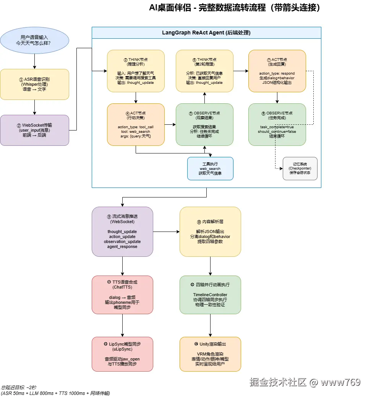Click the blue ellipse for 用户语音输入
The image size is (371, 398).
click(34, 40)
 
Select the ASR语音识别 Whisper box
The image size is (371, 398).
click(34, 84)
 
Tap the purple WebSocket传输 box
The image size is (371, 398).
click(34, 130)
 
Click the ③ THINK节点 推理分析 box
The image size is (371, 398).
click(136, 71)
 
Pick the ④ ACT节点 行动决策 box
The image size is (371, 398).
click(136, 124)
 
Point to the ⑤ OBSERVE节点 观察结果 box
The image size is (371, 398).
click(204, 124)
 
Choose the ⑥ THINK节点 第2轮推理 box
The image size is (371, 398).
click(204, 71)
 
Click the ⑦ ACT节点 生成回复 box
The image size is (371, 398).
click(277, 71)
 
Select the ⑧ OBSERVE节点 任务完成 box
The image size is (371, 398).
click(277, 124)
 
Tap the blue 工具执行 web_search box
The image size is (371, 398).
click(210, 168)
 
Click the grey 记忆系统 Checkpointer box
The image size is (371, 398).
click(300, 168)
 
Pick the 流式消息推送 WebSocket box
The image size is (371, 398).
click(122, 232)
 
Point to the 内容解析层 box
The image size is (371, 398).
click(210, 232)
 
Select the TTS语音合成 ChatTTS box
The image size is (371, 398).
click(122, 295)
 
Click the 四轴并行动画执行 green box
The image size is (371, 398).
click(210, 295)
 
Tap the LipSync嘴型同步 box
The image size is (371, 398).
click(122, 354)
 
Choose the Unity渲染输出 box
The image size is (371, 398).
click(210, 354)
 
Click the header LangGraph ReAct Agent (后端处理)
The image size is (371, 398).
click(206, 33)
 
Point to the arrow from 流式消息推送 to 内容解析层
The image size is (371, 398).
click(166, 232)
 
